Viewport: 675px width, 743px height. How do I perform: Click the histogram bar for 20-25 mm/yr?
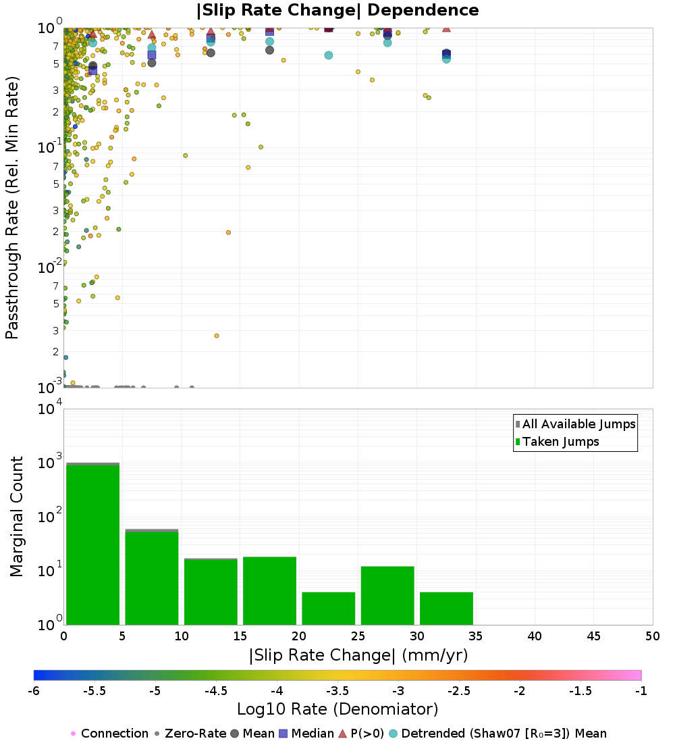click(328, 609)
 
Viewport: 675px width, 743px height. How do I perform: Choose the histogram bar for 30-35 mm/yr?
click(446, 609)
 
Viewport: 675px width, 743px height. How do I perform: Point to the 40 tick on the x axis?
click(535, 636)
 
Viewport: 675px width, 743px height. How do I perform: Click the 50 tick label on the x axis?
click(652, 636)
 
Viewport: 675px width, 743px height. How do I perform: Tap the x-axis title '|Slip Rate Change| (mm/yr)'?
click(358, 655)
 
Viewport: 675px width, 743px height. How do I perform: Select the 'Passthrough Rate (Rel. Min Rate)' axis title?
click(12, 207)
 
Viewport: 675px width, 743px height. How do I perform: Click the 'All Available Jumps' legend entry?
click(578, 424)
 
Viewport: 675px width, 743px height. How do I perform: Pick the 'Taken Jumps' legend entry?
click(560, 442)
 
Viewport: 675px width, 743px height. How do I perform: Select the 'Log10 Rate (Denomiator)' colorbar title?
click(337, 709)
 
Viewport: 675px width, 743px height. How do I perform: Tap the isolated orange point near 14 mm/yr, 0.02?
click(228, 232)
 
